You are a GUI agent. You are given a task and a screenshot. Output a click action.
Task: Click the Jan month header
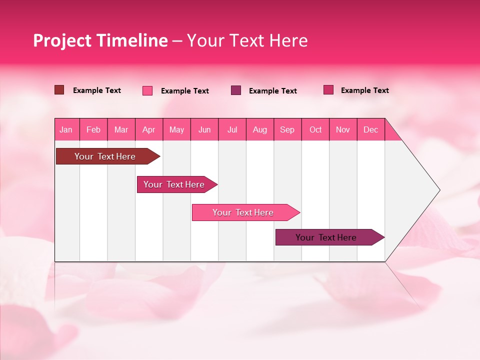(x=66, y=130)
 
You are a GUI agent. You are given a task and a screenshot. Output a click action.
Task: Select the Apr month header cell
(x=149, y=130)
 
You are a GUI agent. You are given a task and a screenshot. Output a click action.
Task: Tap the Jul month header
(x=232, y=130)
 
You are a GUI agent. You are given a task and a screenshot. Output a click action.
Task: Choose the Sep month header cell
(x=287, y=130)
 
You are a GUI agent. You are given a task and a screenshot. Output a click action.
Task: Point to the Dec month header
(x=370, y=130)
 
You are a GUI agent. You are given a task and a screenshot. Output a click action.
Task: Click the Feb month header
(x=93, y=130)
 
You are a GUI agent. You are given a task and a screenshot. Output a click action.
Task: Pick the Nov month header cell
(x=343, y=130)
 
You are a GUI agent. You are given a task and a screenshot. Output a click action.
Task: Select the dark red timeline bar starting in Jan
(x=105, y=156)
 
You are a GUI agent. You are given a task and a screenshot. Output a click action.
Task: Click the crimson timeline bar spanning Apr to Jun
(x=175, y=184)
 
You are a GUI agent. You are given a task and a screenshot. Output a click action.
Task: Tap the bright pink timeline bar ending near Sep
(x=243, y=212)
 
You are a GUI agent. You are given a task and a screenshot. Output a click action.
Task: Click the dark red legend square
(x=59, y=90)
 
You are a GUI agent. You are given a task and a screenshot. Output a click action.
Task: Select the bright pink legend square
(x=147, y=90)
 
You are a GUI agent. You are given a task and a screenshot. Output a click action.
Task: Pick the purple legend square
(x=236, y=90)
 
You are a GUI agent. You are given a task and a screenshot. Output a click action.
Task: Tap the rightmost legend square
(x=328, y=90)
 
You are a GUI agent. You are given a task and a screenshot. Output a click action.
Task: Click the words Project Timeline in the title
(x=100, y=40)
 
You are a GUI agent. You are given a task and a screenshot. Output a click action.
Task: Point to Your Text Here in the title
(x=247, y=40)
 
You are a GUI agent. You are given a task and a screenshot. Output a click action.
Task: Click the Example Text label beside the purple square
(x=272, y=91)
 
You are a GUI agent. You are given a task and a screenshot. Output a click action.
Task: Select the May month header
(x=176, y=130)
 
